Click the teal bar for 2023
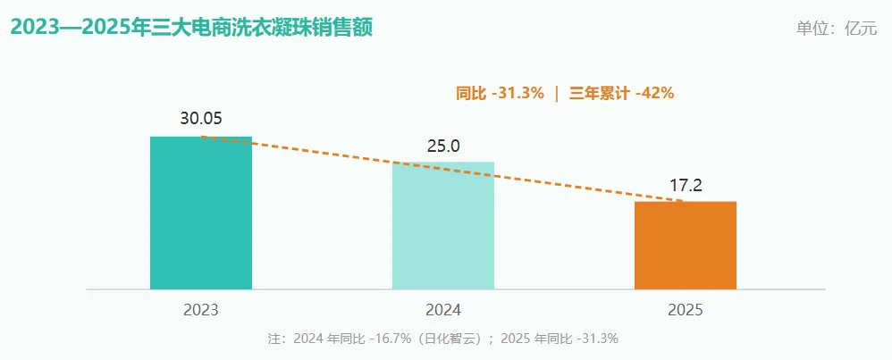pyautogui.click(x=201, y=213)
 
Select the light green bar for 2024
pyautogui.click(x=443, y=226)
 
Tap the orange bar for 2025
pyautogui.click(x=686, y=245)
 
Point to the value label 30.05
pyautogui.click(x=201, y=119)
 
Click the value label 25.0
pyautogui.click(x=443, y=147)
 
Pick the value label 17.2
pyautogui.click(x=686, y=186)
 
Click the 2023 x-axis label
pyautogui.click(x=201, y=311)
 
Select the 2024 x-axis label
pyautogui.click(x=443, y=311)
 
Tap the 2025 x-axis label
pyautogui.click(x=686, y=311)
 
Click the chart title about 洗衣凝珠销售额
pyautogui.click(x=191, y=28)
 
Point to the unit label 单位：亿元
pyautogui.click(x=837, y=29)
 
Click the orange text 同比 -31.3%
pyautogui.click(x=500, y=93)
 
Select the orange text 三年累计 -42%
pyautogui.click(x=622, y=93)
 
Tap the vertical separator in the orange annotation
pyautogui.click(x=557, y=93)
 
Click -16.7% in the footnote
pyautogui.click(x=390, y=339)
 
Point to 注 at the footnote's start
pyautogui.click(x=273, y=339)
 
